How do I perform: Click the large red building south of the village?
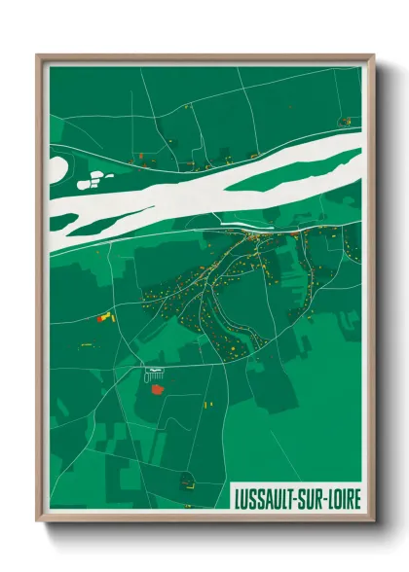point(156,389)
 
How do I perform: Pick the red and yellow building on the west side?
point(104,316)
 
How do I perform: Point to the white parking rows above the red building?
point(153,373)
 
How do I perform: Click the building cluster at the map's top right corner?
point(345,121)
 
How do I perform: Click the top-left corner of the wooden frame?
point(37,55)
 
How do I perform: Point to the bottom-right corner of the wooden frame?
point(375,524)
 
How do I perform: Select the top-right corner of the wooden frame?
point(375,55)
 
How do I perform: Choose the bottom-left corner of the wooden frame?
point(37,524)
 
